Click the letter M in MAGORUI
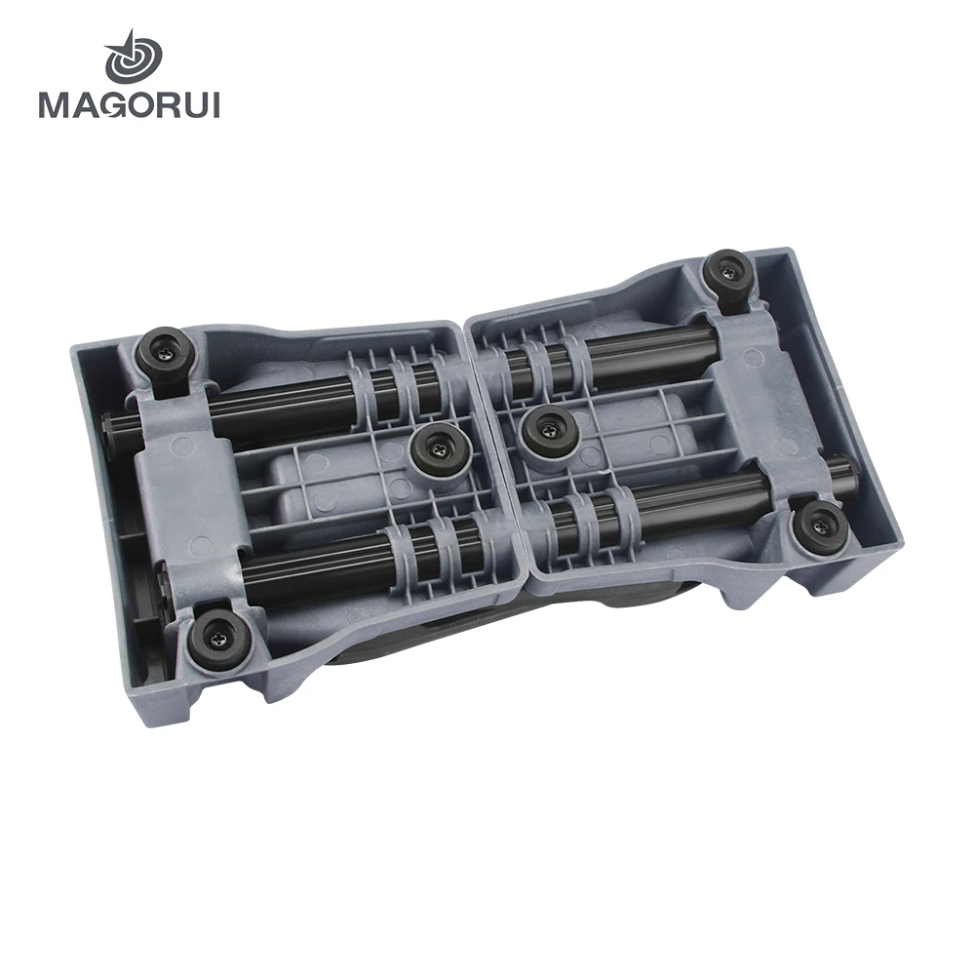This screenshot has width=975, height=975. coord(55,104)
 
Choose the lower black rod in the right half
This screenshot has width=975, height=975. coord(682,497)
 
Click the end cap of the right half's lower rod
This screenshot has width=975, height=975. coord(851,477)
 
